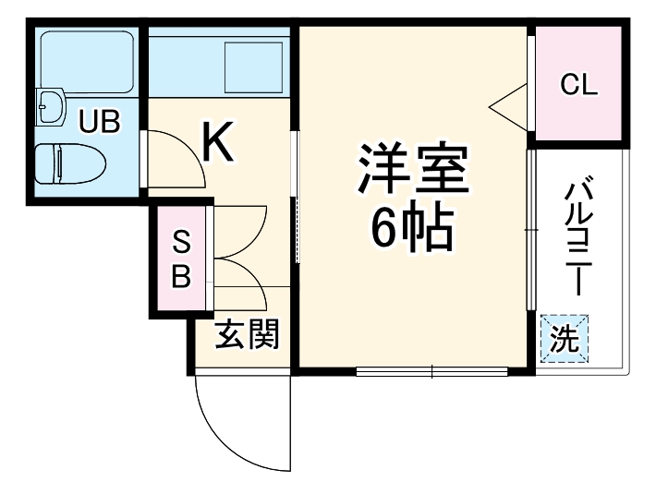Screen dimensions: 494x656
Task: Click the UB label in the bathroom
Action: tap(98, 121)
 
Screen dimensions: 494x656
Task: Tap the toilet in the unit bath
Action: tap(70, 164)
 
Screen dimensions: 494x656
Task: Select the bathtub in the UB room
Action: tap(85, 58)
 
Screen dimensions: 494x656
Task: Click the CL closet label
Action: tap(579, 85)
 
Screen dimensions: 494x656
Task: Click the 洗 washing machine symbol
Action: tap(563, 339)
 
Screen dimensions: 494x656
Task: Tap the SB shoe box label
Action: tap(181, 260)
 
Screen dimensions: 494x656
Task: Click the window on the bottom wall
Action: tap(431, 372)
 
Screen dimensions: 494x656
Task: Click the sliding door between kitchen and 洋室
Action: tap(296, 199)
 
